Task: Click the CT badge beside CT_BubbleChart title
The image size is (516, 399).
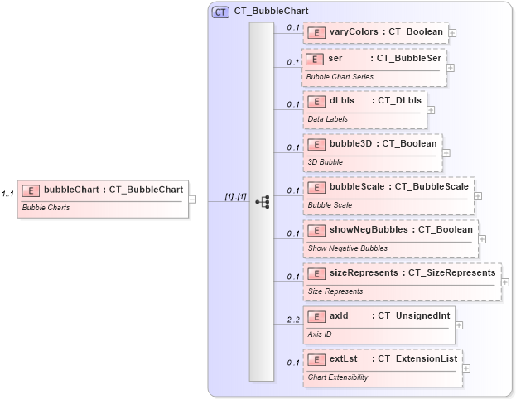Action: pos(221,12)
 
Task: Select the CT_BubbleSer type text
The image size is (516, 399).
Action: pos(409,60)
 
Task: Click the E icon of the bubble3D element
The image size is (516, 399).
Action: pos(315,144)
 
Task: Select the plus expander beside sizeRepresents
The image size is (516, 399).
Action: pos(505,281)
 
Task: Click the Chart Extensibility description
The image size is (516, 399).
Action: pos(338,377)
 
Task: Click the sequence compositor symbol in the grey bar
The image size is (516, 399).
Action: pos(262,200)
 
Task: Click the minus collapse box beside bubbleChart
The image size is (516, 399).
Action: pos(192,199)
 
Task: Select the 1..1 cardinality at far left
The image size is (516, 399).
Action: pos(7,194)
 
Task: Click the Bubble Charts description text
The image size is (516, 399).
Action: pos(46,208)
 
